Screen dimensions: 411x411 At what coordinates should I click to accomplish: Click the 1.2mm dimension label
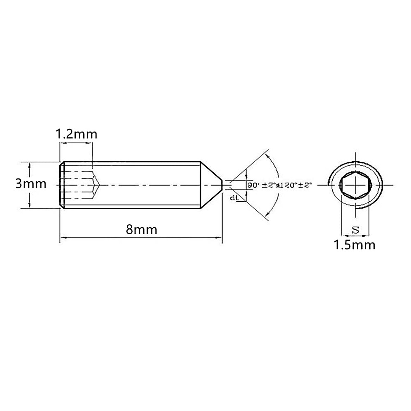[77, 134]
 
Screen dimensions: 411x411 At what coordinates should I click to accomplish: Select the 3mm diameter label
[31, 184]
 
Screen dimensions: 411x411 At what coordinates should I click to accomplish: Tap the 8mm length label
[141, 229]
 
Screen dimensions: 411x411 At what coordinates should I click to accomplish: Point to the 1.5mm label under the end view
[354, 245]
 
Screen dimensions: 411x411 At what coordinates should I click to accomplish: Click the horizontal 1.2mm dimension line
[76, 144]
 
